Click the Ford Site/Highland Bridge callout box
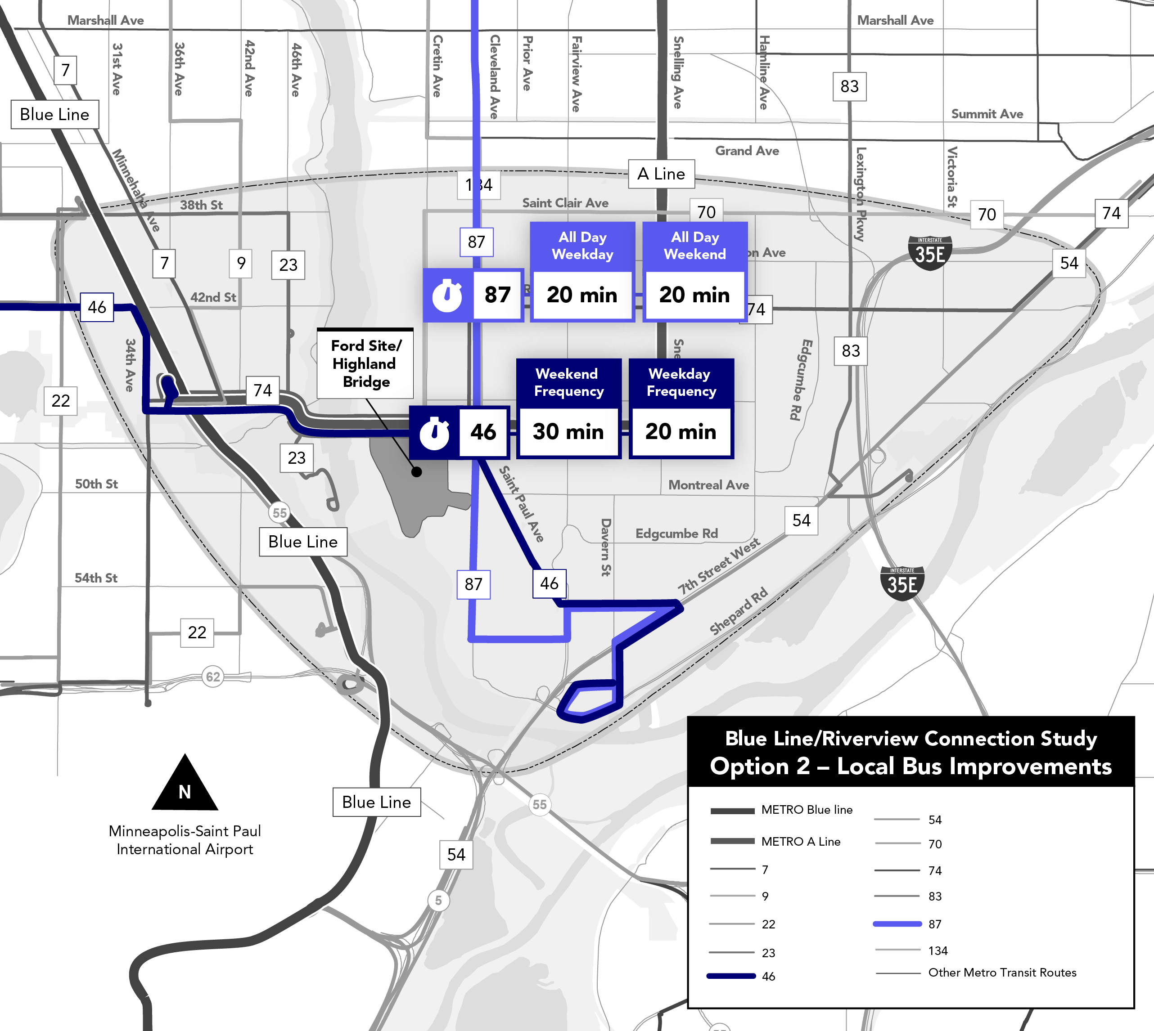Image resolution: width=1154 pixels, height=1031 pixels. pyautogui.click(x=365, y=363)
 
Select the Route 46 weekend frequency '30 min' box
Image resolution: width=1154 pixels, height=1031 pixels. pyautogui.click(x=568, y=432)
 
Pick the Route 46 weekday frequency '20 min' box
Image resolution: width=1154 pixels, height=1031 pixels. pyautogui.click(x=681, y=432)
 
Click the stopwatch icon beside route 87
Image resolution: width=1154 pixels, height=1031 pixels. pyautogui.click(x=447, y=295)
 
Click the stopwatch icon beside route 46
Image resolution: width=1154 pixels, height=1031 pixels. pyautogui.click(x=434, y=432)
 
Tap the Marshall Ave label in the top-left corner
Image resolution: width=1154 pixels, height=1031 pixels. pyautogui.click(x=105, y=20)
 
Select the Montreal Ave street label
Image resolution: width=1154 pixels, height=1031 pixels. pyautogui.click(x=708, y=485)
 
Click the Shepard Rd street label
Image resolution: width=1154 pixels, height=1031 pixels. pyautogui.click(x=739, y=611)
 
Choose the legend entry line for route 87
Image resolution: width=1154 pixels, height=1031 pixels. pyautogui.click(x=897, y=924)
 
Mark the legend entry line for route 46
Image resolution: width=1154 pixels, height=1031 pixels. pyautogui.click(x=731, y=976)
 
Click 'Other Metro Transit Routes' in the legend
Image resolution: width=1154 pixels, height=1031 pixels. pyautogui.click(x=1001, y=973)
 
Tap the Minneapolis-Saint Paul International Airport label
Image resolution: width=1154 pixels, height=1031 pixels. pyautogui.click(x=185, y=840)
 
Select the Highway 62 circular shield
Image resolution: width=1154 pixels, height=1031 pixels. pyautogui.click(x=212, y=677)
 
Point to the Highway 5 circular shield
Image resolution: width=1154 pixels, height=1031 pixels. pyautogui.click(x=438, y=900)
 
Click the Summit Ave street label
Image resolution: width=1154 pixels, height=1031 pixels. pyautogui.click(x=987, y=114)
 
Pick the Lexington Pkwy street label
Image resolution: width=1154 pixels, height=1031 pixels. pyautogui.click(x=861, y=194)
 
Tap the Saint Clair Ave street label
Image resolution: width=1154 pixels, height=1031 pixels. pyautogui.click(x=565, y=203)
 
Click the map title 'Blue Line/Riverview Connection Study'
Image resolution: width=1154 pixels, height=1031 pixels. pyautogui.click(x=911, y=739)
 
